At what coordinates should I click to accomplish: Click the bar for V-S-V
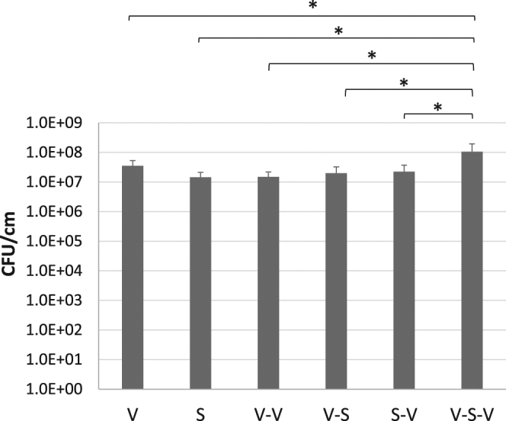coord(472,270)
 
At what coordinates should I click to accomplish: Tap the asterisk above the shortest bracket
coord(438,108)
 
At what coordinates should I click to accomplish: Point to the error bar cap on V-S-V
coord(472,144)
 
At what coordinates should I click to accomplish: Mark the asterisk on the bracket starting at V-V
coord(372,56)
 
